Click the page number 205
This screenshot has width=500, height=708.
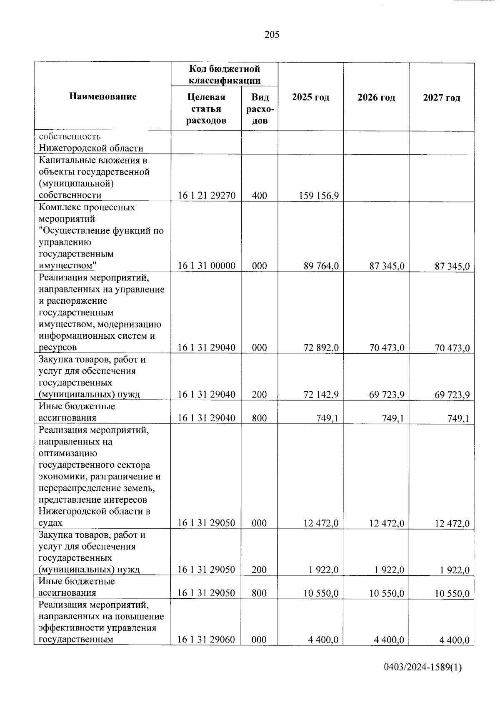pos(272,35)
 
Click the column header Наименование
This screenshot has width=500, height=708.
pos(103,97)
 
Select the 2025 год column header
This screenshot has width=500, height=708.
pos(310,98)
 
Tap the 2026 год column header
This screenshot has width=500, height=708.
pos(376,98)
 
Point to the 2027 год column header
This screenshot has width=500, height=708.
pos(442,98)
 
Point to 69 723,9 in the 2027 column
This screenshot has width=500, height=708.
pos(452,395)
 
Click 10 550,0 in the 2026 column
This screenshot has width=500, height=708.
pos(387,593)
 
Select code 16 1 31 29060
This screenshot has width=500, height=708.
pos(207,640)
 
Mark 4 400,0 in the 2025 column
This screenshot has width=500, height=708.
pos(323,640)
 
